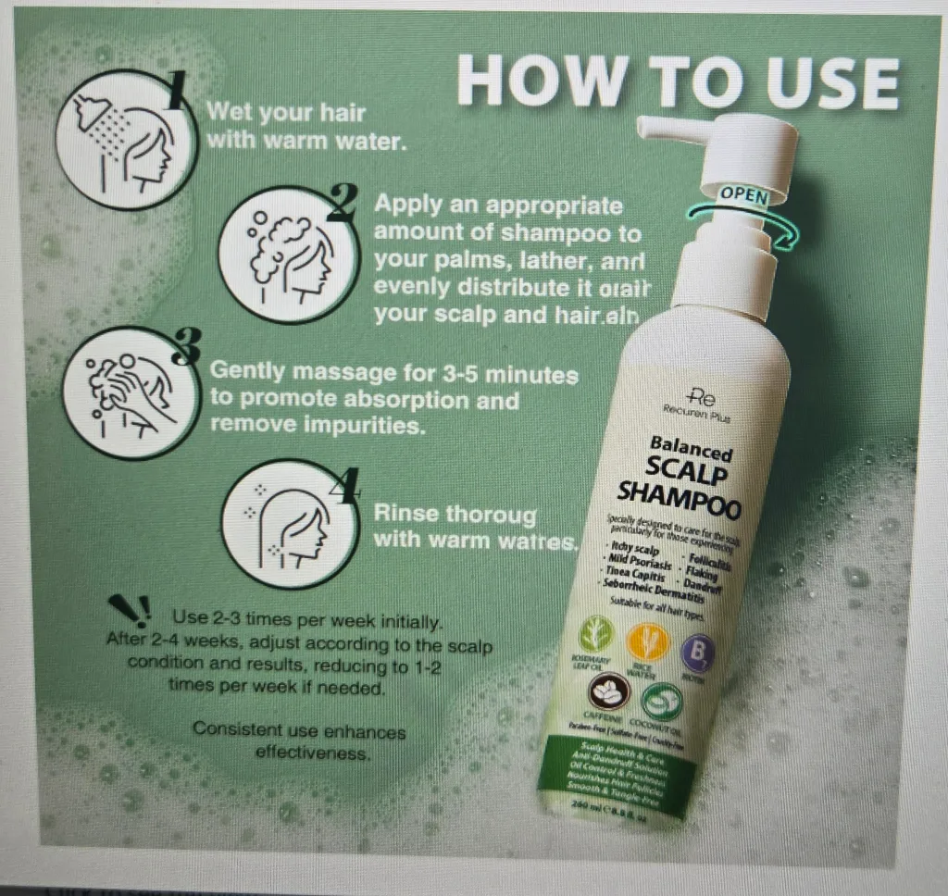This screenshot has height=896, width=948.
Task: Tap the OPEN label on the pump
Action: (745, 196)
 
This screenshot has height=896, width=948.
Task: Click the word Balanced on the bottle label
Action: (691, 449)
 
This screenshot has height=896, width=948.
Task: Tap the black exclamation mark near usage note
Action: (130, 610)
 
